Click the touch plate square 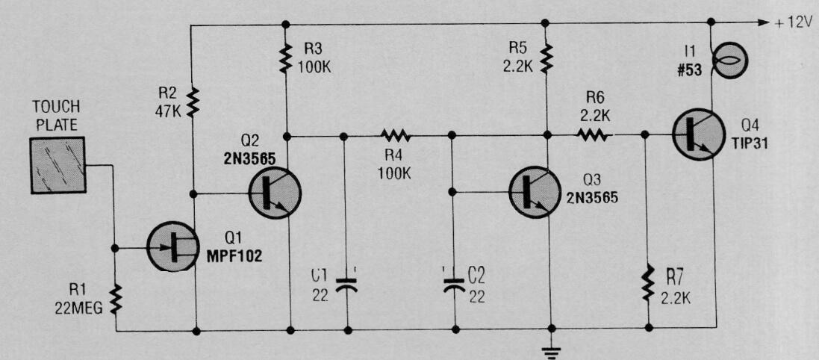coord(57,165)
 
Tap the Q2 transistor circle coord(275,193)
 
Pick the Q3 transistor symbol coord(535,192)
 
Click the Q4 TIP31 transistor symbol coord(697,134)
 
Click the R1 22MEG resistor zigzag coord(116,300)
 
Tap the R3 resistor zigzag coord(285,58)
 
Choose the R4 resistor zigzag coord(396,137)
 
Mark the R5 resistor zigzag coord(546,58)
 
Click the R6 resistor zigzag coord(593,135)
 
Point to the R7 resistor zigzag coord(648,282)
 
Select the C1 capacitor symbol coord(346,284)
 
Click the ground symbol coord(550,353)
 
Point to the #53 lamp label coord(689,71)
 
